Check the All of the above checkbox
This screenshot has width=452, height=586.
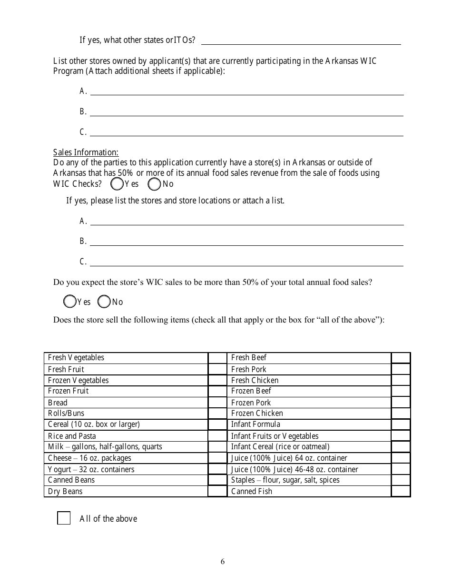64,518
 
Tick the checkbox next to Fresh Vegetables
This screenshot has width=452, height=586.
217,358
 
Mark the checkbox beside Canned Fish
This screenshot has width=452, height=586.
401,491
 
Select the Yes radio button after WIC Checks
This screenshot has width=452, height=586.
116,184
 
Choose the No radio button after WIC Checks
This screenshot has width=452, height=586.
154,184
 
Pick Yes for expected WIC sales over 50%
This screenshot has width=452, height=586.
69,302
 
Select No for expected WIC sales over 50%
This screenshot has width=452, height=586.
103,302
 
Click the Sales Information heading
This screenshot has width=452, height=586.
86,152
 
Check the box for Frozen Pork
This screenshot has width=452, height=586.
401,403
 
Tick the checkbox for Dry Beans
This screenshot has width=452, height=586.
217,491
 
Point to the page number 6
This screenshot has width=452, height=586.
223,561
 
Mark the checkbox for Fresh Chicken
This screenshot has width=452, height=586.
401,380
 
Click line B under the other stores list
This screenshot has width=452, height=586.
246,112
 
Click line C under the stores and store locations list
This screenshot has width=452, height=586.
246,262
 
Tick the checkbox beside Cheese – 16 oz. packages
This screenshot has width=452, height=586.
217,458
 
